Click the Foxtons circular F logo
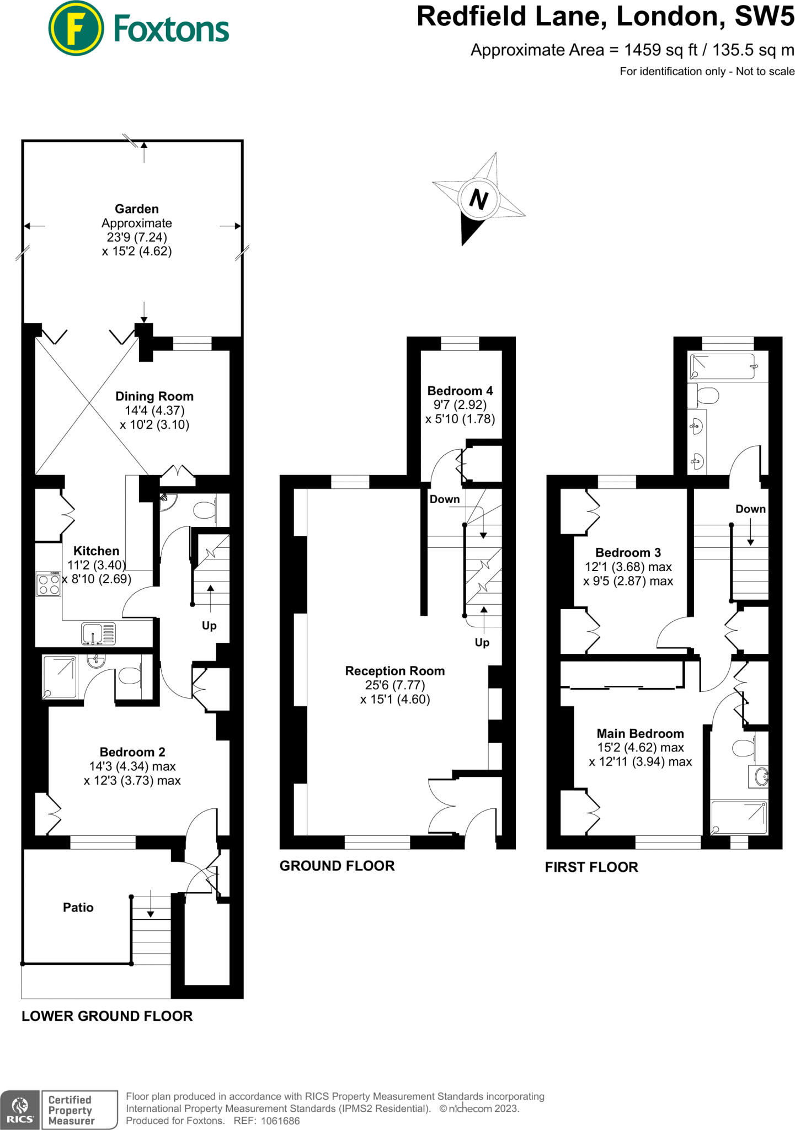[x=76, y=28]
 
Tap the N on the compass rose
[x=479, y=199]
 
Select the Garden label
[x=137, y=209]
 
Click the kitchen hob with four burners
[x=49, y=584]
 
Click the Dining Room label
[x=154, y=396]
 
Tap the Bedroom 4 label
[x=460, y=391]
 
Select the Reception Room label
[x=395, y=671]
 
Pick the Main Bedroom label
[x=641, y=733]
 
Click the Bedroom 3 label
[x=628, y=552]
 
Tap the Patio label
[x=78, y=908]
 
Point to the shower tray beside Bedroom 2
[x=60, y=677]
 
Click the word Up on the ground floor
[x=482, y=642]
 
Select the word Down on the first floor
[x=751, y=509]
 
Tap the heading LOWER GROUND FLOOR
[x=107, y=1016]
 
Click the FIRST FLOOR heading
[x=591, y=867]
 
